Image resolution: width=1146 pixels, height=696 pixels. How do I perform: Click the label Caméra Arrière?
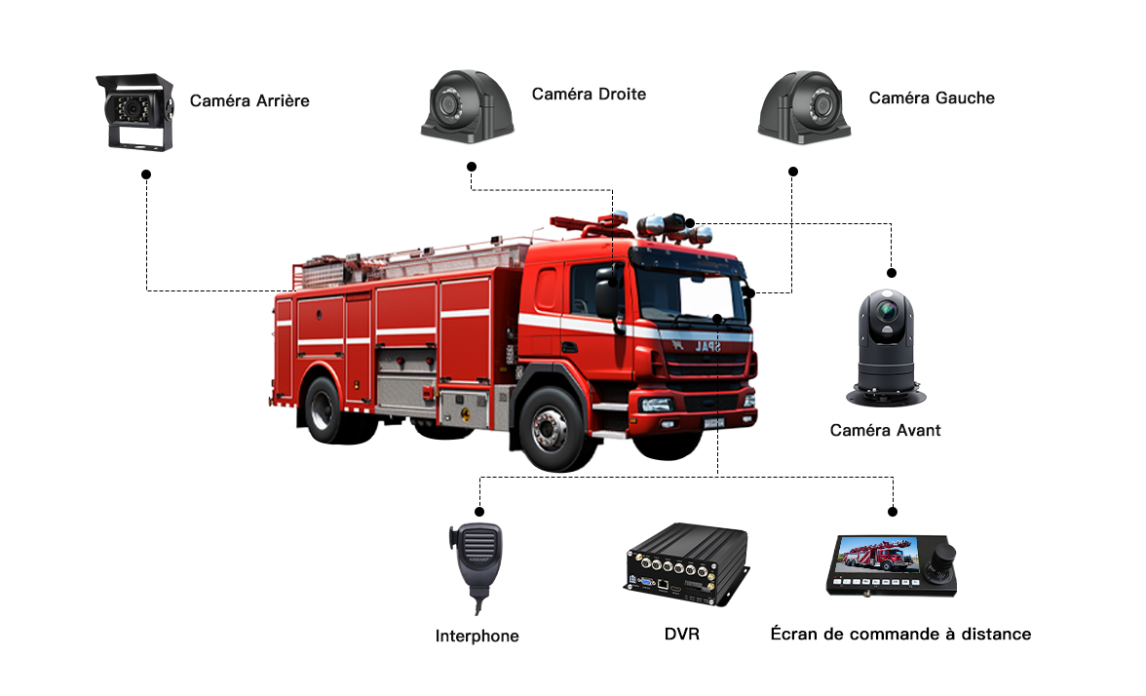coord(249,101)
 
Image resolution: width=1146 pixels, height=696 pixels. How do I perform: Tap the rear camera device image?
coord(136,112)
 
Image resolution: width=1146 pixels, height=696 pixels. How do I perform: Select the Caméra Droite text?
coord(589,95)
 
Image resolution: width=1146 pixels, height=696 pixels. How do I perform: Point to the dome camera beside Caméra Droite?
coord(468,106)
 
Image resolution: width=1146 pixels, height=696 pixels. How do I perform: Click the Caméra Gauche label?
coord(932,97)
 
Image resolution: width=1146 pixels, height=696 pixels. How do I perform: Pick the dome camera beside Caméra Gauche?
coord(804,107)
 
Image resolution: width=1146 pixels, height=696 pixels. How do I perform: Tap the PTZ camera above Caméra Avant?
coord(886,348)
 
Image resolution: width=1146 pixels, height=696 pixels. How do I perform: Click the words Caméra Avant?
coord(885,431)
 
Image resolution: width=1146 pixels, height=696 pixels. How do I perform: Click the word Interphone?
coord(477,636)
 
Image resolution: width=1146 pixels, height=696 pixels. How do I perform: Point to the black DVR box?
coord(686,564)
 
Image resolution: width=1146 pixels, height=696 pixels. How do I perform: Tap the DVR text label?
coord(682,634)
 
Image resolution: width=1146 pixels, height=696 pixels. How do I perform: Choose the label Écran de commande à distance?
coord(900,634)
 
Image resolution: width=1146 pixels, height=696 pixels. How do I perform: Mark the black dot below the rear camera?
coord(146,174)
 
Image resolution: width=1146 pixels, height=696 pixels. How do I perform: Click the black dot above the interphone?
coord(479,512)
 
